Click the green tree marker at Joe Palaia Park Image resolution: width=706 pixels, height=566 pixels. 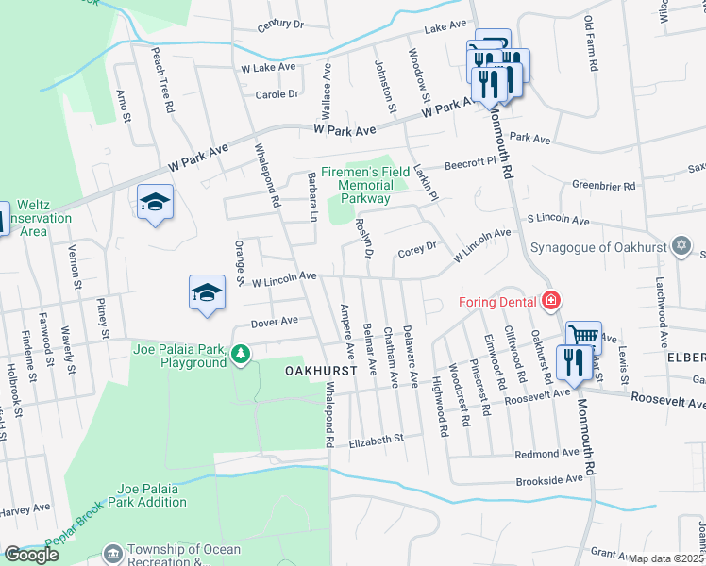242,355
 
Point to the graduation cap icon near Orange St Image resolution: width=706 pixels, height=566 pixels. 207,291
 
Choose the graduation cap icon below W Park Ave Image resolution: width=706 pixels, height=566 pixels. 155,202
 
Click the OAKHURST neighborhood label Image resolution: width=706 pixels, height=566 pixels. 321,372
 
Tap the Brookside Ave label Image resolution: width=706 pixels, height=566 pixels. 548,480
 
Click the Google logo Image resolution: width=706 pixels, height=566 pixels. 31,554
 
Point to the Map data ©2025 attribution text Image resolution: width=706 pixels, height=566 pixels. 666,558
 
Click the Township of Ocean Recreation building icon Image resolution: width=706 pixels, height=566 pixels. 113,552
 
